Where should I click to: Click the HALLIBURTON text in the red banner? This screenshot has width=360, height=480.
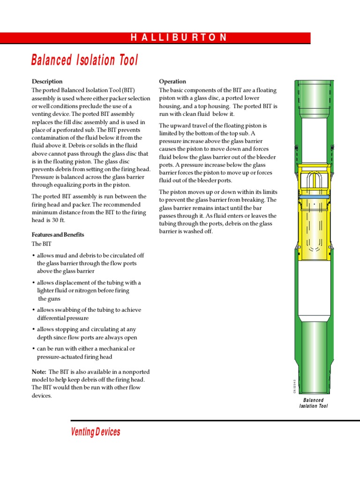click(179, 38)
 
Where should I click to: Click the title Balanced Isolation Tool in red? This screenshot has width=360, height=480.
click(85, 60)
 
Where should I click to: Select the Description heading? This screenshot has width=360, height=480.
click(47, 81)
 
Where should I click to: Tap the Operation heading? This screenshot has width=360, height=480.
click(172, 81)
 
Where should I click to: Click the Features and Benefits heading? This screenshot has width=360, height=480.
click(58, 234)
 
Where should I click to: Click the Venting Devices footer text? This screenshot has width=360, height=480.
click(95, 432)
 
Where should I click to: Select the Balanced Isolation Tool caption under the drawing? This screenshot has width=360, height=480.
click(313, 403)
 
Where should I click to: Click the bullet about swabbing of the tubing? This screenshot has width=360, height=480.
click(89, 314)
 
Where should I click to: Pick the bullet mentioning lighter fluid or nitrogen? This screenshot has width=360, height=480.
click(89, 291)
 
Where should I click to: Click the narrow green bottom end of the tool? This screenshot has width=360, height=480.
click(313, 380)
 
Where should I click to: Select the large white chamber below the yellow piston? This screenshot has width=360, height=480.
click(313, 288)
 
